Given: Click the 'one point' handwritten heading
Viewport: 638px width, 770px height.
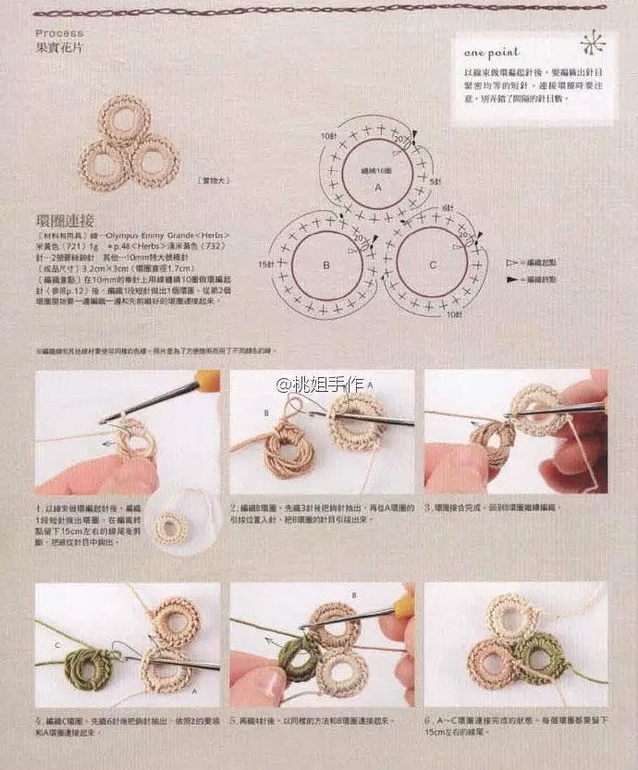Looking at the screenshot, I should point(492,53).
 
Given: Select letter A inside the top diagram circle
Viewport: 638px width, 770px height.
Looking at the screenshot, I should point(376,187).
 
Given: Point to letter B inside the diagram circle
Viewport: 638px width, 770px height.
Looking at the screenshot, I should point(325,266).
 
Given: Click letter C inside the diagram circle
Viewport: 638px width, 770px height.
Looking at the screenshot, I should point(433,266).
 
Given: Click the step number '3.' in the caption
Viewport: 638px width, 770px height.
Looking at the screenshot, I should point(428,507).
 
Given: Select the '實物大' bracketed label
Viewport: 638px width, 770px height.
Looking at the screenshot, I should point(214,181).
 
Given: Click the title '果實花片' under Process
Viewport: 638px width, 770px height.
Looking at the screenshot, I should point(59,45).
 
